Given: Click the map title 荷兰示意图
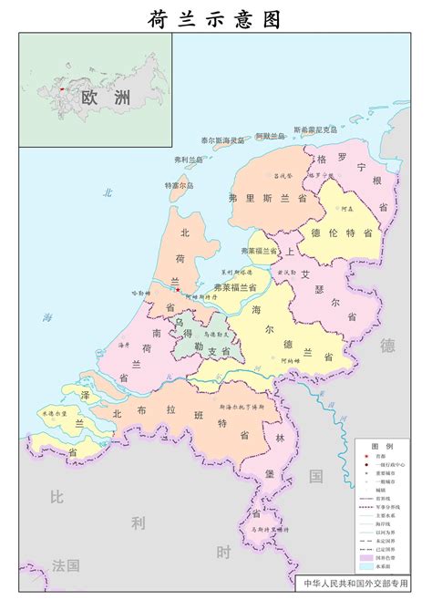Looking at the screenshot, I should (215, 17).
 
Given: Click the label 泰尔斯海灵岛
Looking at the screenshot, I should (223, 140).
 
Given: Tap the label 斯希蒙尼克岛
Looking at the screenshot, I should (315, 129).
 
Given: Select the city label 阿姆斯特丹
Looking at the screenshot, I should (201, 296).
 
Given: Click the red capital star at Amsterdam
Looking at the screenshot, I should (179, 291).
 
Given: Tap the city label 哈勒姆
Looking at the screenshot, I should (140, 293).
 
